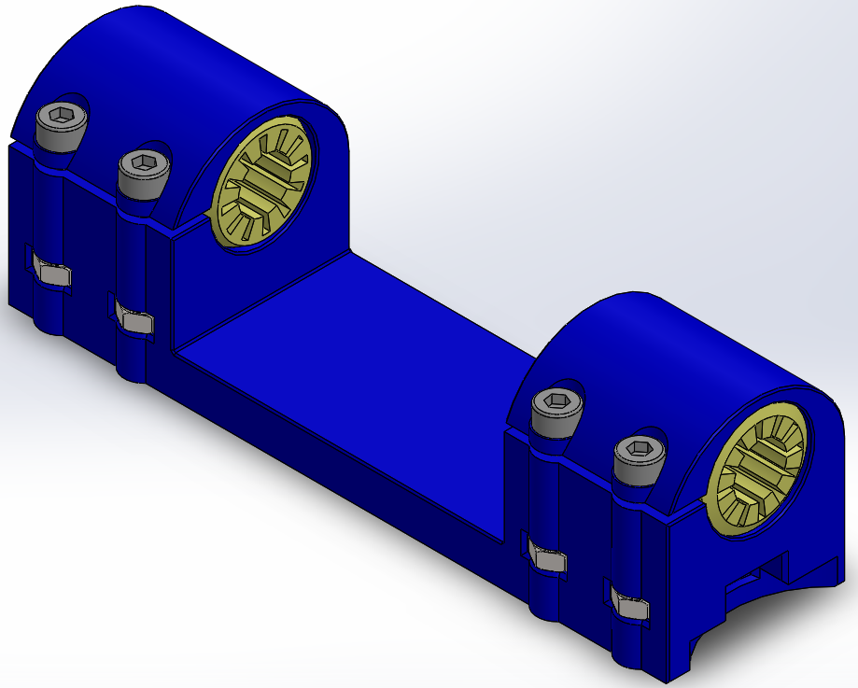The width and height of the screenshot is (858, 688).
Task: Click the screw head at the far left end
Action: coord(62,121)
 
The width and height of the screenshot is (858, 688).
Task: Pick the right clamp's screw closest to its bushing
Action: coord(640,456)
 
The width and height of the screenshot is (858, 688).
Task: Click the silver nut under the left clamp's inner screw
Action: coord(137,322)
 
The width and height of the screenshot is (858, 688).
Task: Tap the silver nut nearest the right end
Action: coord(634,608)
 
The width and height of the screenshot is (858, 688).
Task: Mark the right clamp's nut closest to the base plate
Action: coord(549,559)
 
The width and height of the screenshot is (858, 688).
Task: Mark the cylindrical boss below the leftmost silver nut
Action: coord(47,317)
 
